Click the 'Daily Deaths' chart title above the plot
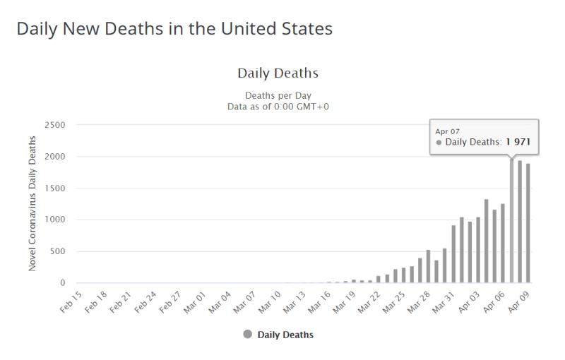pos(278,73)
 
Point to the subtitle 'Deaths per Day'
pos(278,95)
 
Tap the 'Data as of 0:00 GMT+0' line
pos(278,106)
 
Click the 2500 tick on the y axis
pos(54,125)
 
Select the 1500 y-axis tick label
pos(54,188)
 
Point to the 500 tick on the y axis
pos(57,251)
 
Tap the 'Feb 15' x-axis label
pos(71,301)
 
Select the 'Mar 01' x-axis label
pos(194,301)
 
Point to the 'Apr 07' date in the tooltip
pos(447,131)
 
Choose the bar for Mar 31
pos(453,254)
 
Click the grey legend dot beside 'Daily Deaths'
pos(246,335)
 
